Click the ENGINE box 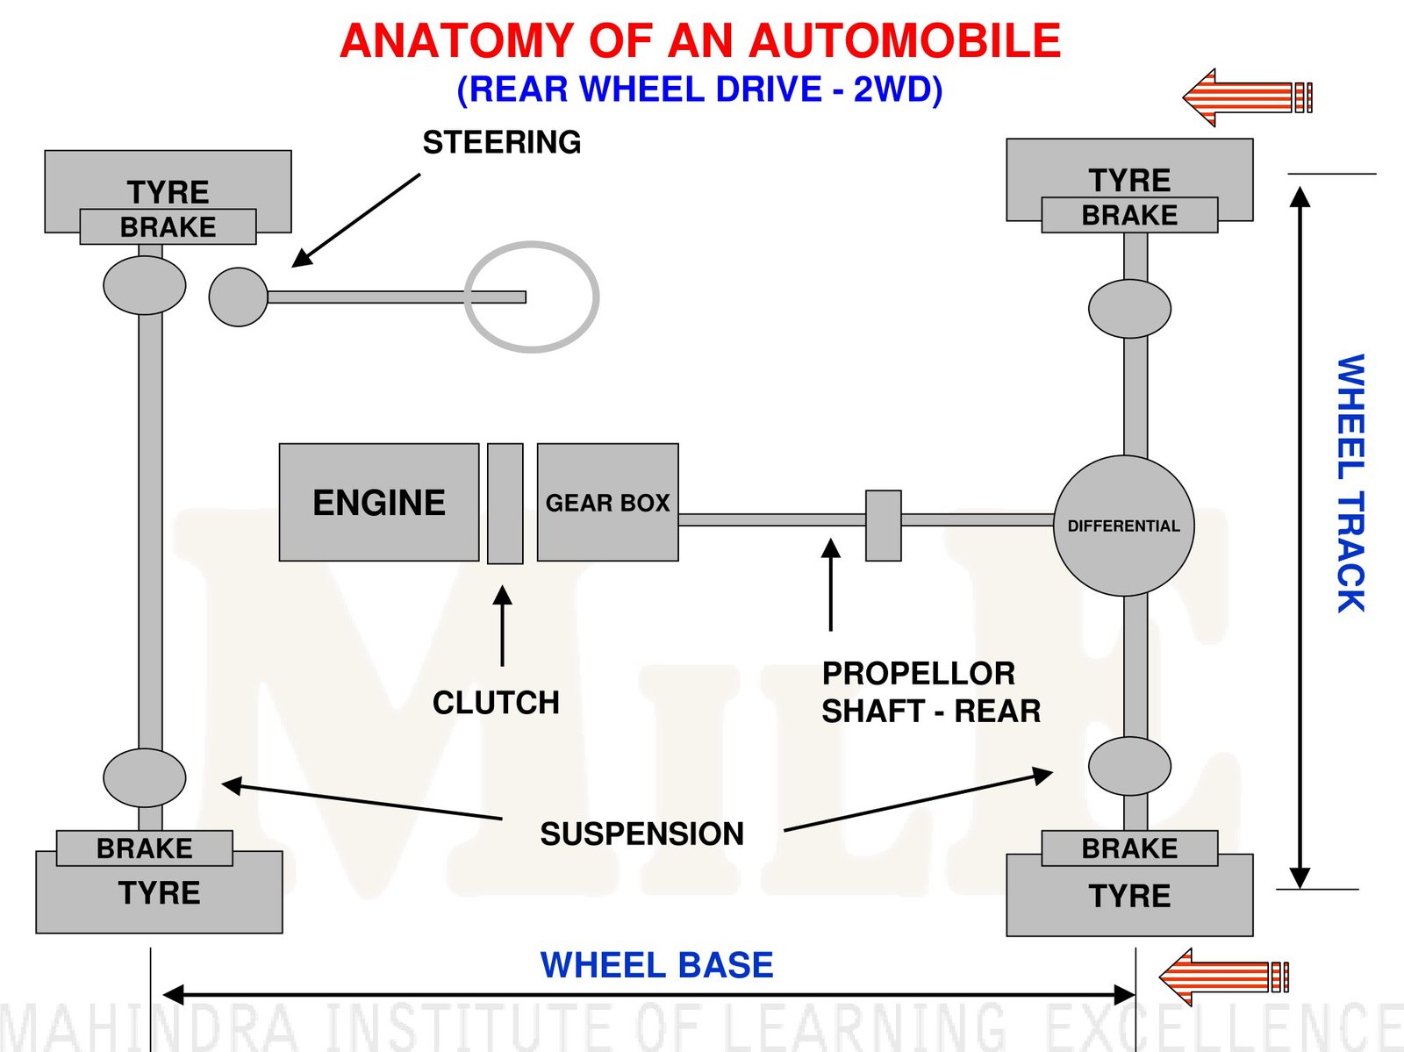379,502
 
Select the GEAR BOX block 607,502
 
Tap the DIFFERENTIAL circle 1123,526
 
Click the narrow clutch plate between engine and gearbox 505,503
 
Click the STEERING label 502,142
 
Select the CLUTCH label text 496,703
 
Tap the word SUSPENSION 641,834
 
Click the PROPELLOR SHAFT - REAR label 930,692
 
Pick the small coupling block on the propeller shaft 884,526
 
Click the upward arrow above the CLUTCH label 503,626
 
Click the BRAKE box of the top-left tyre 168,227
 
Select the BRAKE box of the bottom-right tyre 1129,848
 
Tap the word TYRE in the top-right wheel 1129,180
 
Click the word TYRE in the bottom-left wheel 159,893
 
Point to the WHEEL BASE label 656,965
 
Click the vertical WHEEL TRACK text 1350,483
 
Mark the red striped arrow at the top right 1247,97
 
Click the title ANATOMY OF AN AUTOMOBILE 700,41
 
